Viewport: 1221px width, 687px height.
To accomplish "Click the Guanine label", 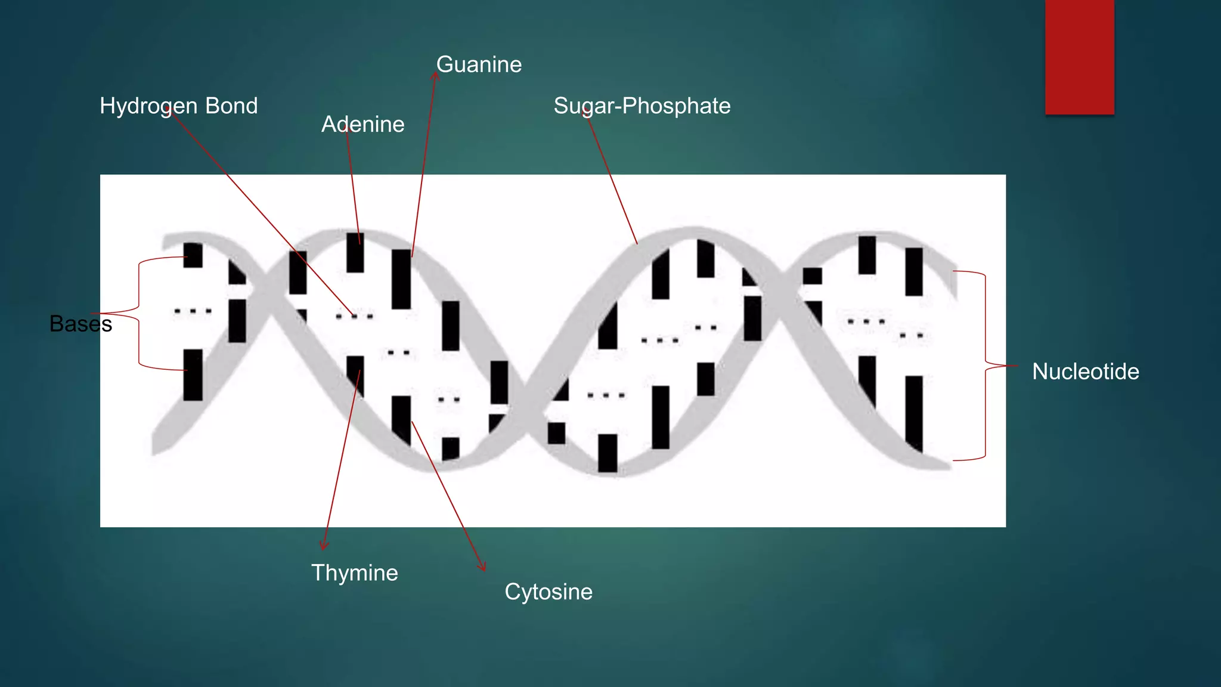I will [479, 64].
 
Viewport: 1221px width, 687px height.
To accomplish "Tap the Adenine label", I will [362, 124].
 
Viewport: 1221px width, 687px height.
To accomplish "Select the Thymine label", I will [354, 572].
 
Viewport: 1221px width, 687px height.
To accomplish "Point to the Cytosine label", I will [548, 592].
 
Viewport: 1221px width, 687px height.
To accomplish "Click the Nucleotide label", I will [1085, 372].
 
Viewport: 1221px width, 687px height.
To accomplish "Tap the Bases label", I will [80, 324].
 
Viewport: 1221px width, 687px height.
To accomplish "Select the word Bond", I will [231, 106].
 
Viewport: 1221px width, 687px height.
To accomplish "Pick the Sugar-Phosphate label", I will [642, 106].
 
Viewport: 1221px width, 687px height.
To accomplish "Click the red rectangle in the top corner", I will [1079, 57].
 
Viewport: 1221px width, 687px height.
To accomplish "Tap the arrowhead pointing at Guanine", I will [435, 76].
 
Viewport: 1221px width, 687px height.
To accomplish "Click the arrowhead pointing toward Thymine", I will [324, 545].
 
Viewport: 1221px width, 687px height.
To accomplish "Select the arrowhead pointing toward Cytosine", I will [482, 566].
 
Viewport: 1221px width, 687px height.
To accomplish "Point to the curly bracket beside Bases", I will [139, 313].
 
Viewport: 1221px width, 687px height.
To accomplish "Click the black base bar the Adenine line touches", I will [355, 253].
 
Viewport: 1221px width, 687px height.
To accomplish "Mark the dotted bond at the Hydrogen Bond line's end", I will [354, 316].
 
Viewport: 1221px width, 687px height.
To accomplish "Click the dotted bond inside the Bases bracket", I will [193, 311].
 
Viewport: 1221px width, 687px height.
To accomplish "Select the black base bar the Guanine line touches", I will [401, 279].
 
